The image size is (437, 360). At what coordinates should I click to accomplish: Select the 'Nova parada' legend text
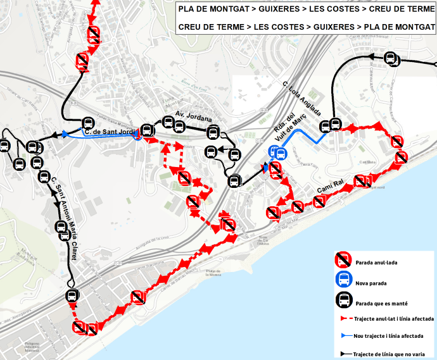pyautogui.click(x=370, y=283)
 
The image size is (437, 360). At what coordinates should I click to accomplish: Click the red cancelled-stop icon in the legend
pyautogui.click(x=343, y=259)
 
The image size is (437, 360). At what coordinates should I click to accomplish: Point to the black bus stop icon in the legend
pyautogui.click(x=343, y=301)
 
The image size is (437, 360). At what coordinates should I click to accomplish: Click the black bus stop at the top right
pyautogui.click(x=391, y=59)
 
